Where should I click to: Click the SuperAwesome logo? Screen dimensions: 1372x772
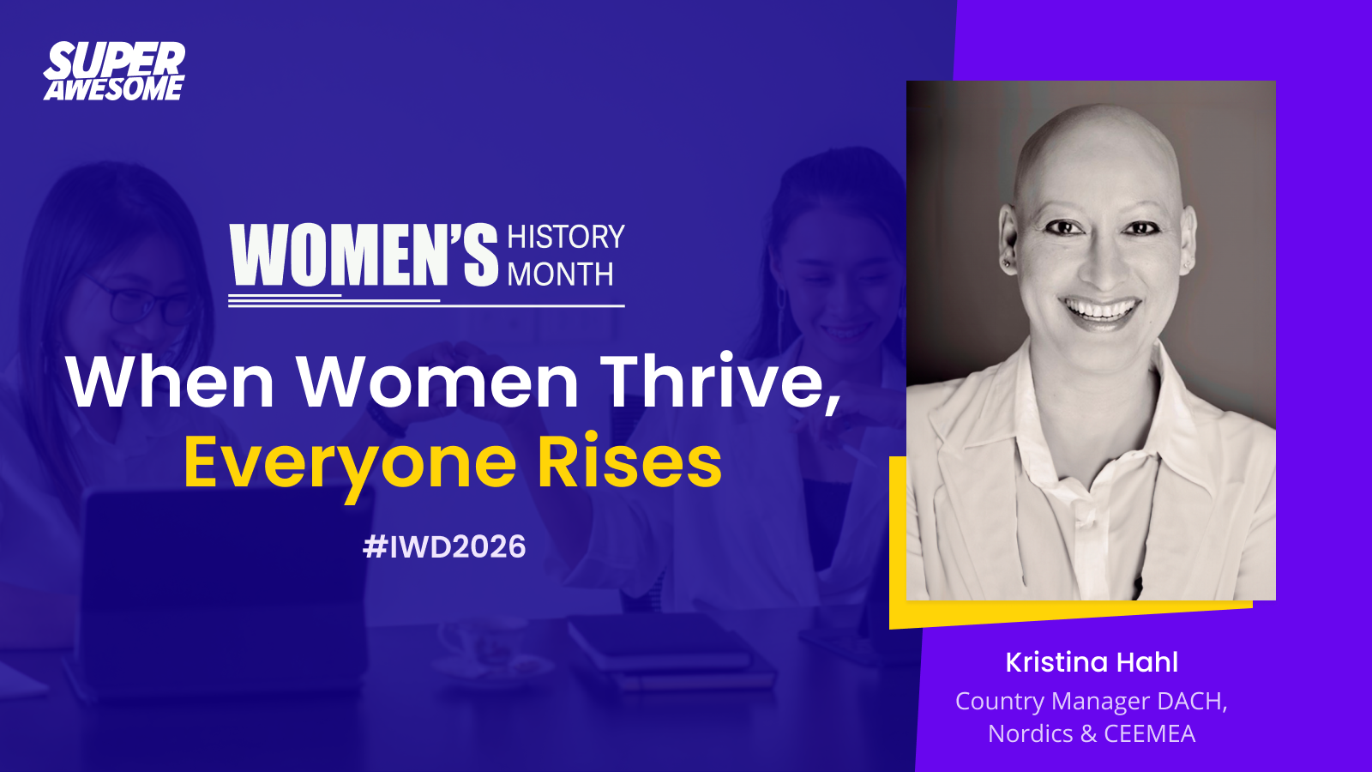[114, 71]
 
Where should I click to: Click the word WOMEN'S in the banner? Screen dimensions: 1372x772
[364, 255]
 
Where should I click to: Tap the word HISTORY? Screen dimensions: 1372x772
[565, 237]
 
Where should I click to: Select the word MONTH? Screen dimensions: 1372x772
[560, 274]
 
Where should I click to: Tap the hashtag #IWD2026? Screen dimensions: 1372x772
[444, 546]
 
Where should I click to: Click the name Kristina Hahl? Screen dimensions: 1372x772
[1092, 662]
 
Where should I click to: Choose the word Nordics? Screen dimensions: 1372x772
[1031, 733]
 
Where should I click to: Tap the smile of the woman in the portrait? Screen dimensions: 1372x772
[1101, 310]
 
